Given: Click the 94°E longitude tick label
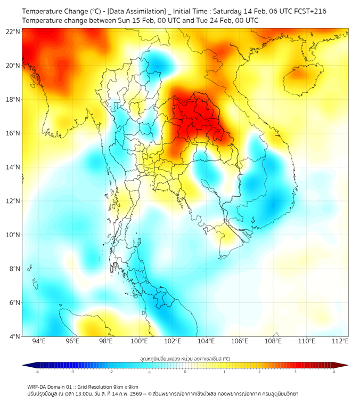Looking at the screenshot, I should [x=39, y=341].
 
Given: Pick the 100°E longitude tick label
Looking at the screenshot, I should [x=140, y=341].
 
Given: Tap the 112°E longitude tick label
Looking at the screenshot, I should [x=340, y=341].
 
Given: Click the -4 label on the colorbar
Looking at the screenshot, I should [x=36, y=372].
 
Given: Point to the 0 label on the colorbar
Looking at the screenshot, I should [x=185, y=372].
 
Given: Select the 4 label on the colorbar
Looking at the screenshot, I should [x=334, y=372].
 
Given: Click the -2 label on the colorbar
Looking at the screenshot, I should [x=111, y=372].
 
